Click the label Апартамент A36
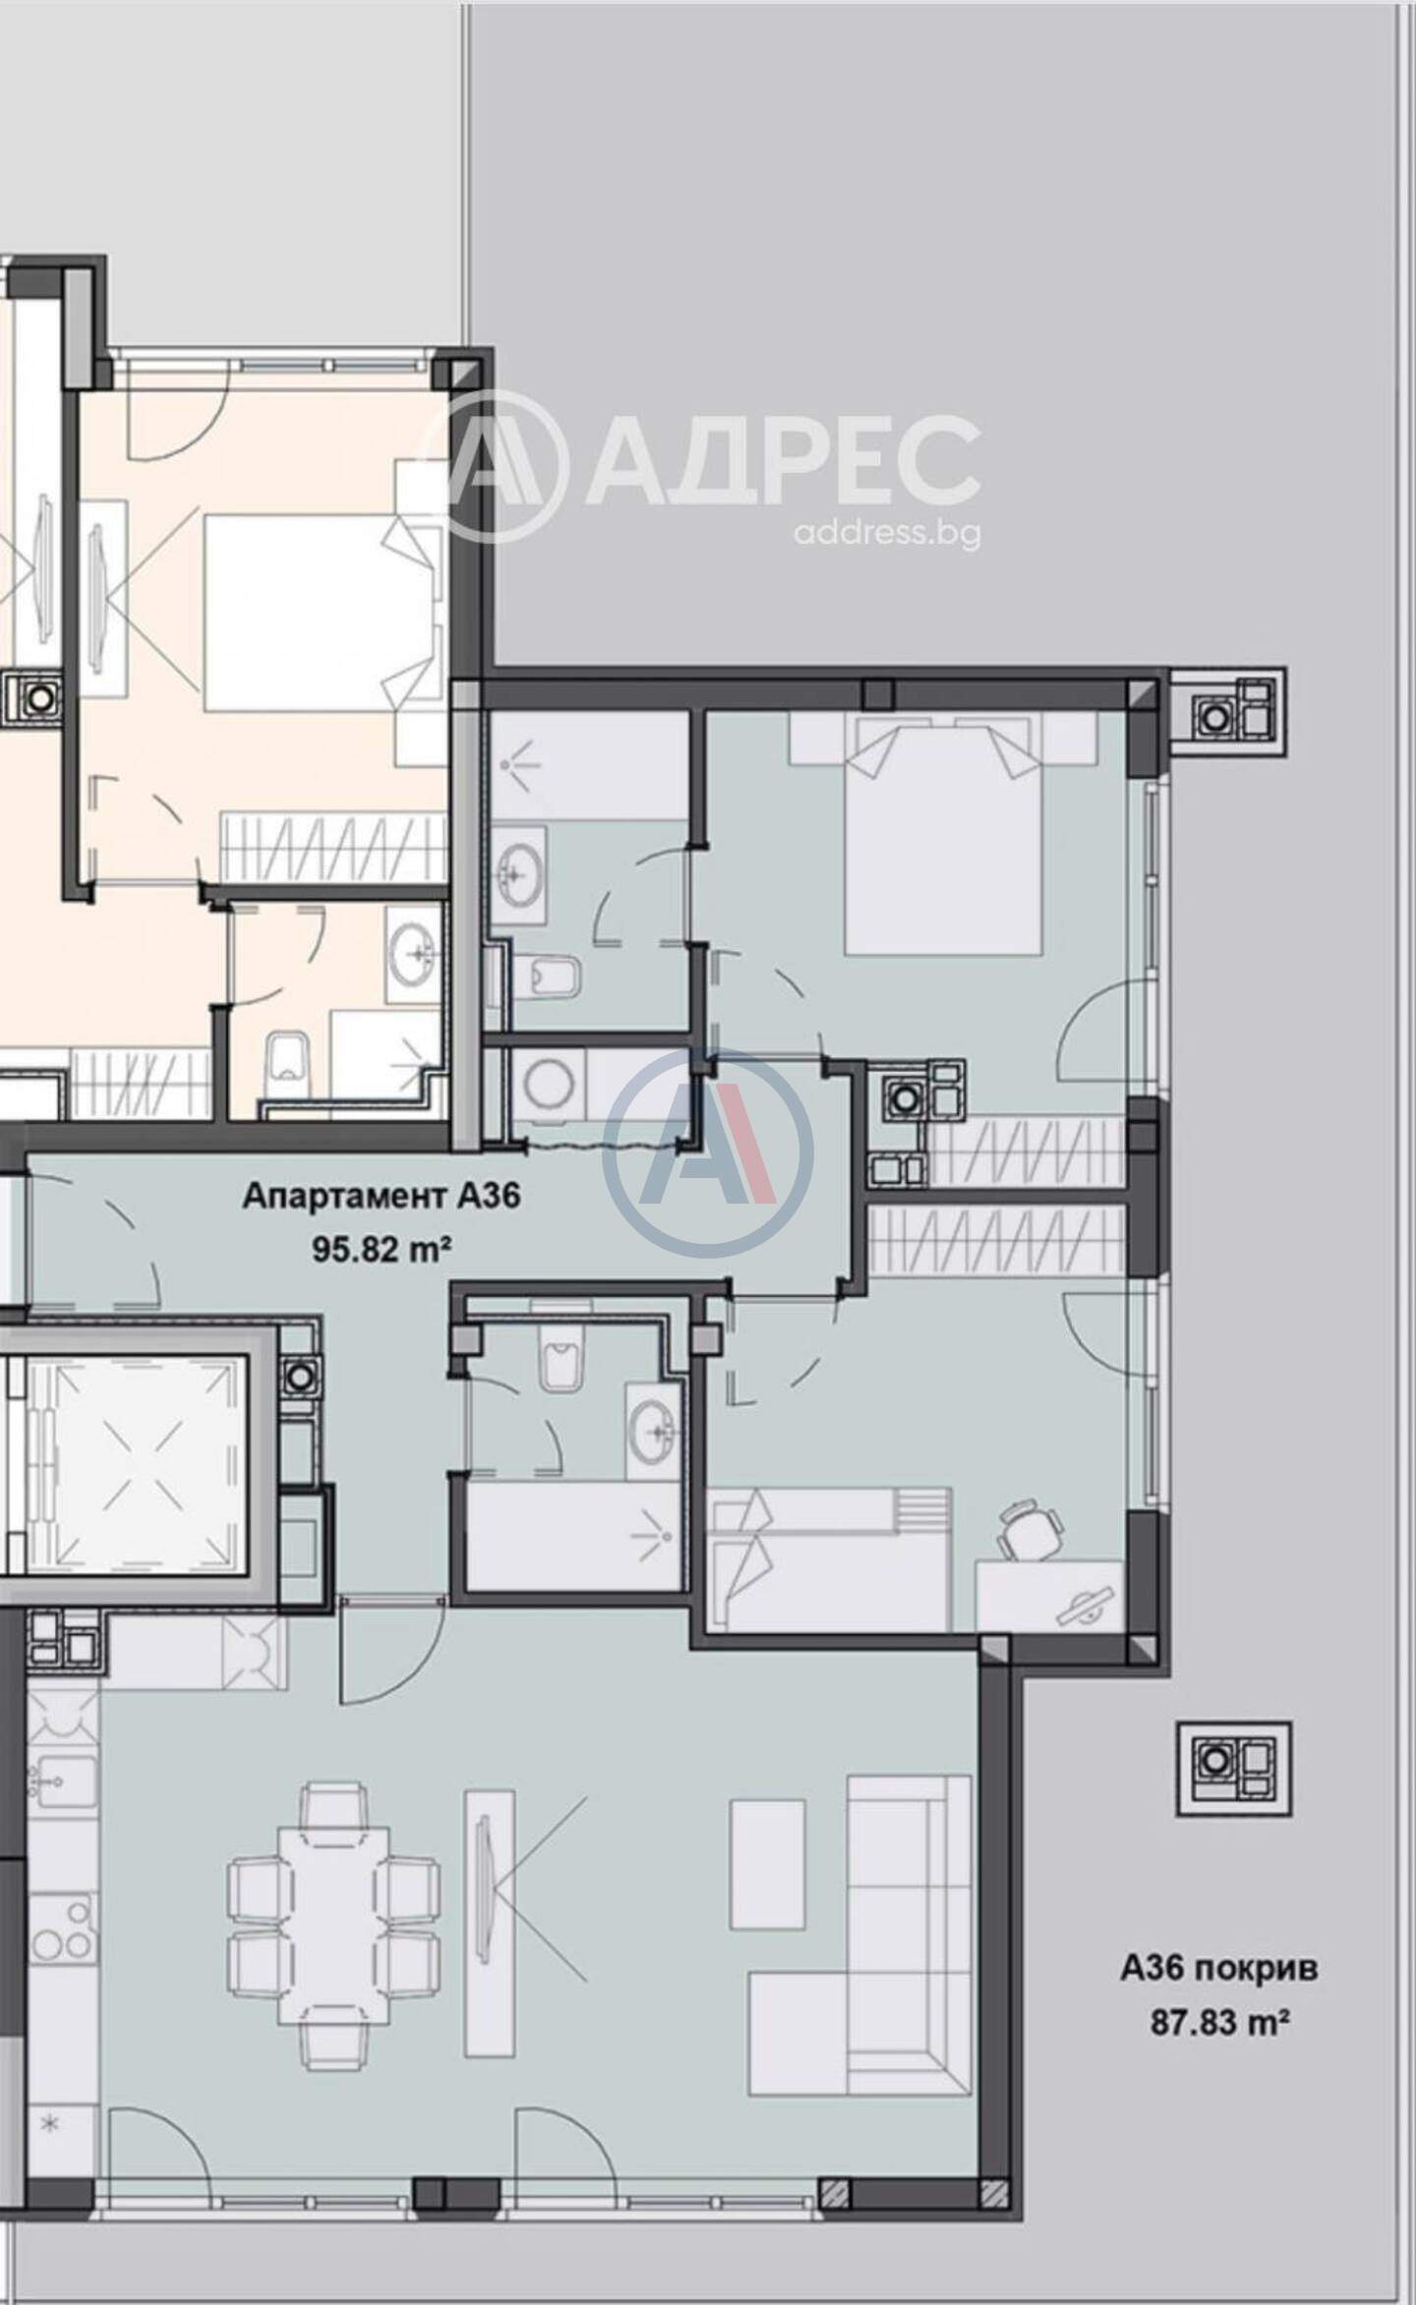(381, 1197)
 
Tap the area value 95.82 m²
(382, 1249)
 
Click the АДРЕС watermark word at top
(782, 460)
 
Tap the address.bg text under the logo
(886, 533)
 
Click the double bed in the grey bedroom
(942, 833)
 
